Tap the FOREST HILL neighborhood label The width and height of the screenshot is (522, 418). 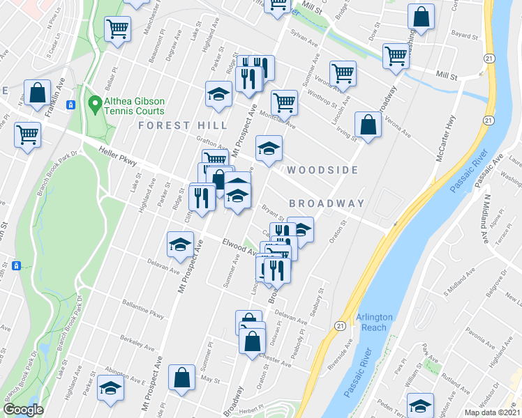182,125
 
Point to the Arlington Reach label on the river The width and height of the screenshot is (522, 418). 375,322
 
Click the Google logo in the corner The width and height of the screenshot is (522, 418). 23,410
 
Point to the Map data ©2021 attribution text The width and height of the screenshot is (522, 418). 493,412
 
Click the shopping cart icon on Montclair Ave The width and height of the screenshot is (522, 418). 284,102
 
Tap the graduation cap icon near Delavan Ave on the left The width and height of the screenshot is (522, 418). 180,244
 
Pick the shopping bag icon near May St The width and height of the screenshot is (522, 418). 182,377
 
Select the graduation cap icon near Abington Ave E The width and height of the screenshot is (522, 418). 110,388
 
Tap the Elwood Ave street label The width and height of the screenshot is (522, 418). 239,248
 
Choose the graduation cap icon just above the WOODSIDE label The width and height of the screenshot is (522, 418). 269,147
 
